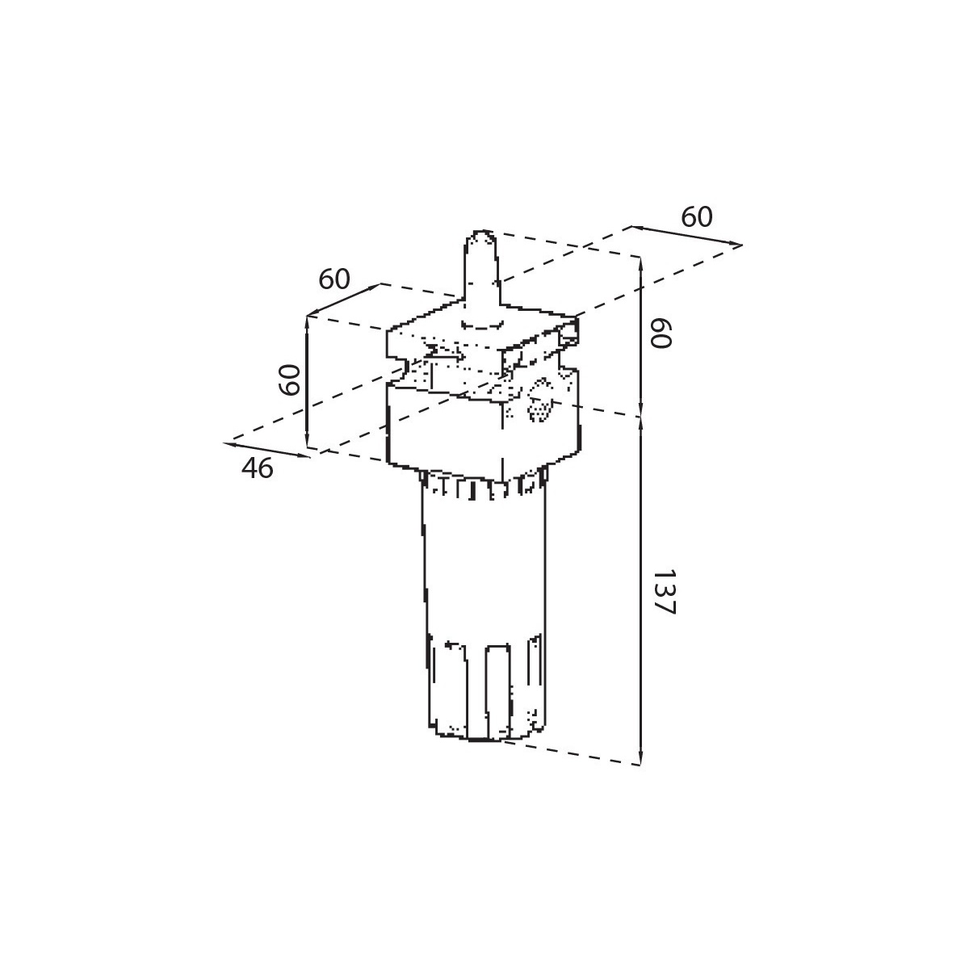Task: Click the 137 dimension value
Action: pyautogui.click(x=664, y=593)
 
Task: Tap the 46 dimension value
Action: pyautogui.click(x=257, y=468)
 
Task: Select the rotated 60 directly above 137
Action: pyautogui.click(x=661, y=333)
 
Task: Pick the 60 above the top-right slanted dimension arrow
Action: pyautogui.click(x=697, y=217)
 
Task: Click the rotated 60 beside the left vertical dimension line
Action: pyautogui.click(x=289, y=380)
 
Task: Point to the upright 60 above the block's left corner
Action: pyautogui.click(x=333, y=279)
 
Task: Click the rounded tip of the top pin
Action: pyautogui.click(x=483, y=234)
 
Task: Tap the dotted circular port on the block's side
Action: pyautogui.click(x=540, y=400)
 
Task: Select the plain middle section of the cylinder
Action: pyautogui.click(x=484, y=568)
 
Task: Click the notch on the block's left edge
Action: pyautogui.click(x=397, y=364)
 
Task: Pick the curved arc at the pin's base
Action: pyautogui.click(x=482, y=326)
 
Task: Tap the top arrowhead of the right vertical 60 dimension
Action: pyautogui.click(x=640, y=266)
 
